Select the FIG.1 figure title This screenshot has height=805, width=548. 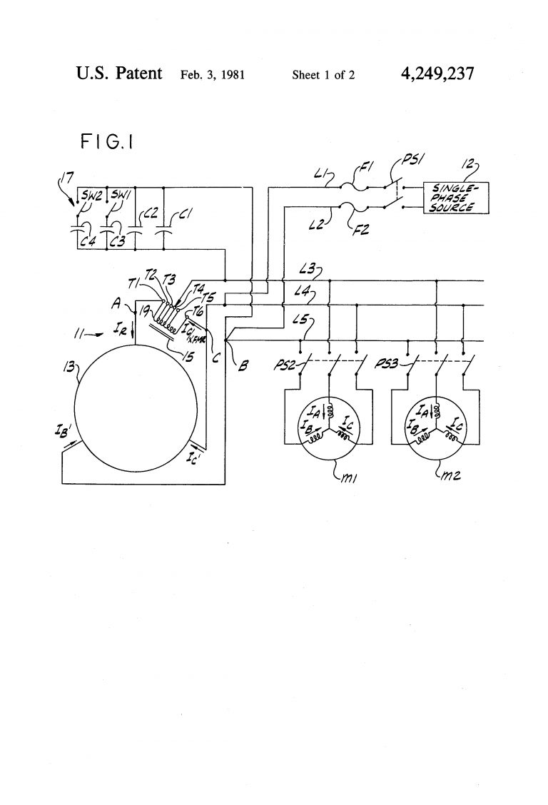click(108, 143)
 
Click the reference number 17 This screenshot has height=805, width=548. click(66, 175)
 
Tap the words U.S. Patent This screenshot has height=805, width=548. click(119, 74)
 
